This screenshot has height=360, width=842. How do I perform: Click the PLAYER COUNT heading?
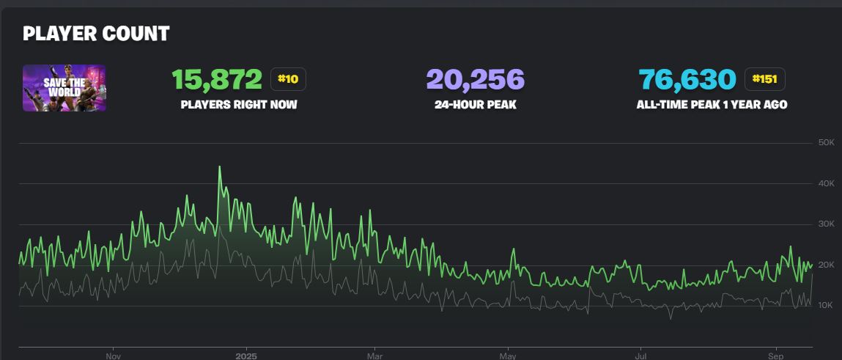point(96,34)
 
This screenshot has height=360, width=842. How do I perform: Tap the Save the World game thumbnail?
point(64,88)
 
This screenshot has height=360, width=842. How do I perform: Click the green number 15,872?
point(217,79)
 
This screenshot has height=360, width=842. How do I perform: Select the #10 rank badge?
point(288,79)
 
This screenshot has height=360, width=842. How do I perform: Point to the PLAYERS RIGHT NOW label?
point(239,105)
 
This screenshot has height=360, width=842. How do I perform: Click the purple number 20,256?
point(475,79)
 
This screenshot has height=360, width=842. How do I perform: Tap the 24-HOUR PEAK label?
point(475,105)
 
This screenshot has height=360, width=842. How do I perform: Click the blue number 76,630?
point(687,79)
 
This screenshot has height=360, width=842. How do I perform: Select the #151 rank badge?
point(765,79)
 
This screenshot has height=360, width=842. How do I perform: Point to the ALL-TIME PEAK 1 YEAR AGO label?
point(712,105)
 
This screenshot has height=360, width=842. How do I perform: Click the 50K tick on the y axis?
point(826,142)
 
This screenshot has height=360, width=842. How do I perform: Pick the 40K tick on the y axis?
point(826,183)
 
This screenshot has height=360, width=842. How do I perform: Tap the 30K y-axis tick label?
point(826,224)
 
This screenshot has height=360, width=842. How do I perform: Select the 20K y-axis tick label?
point(826,265)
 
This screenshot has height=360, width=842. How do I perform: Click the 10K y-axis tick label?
point(826,306)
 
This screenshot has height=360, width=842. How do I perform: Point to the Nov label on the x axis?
point(113,355)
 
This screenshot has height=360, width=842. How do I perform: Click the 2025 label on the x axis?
point(246,355)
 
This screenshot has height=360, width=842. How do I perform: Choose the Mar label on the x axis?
point(374,355)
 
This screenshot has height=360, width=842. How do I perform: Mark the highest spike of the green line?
point(219,167)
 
